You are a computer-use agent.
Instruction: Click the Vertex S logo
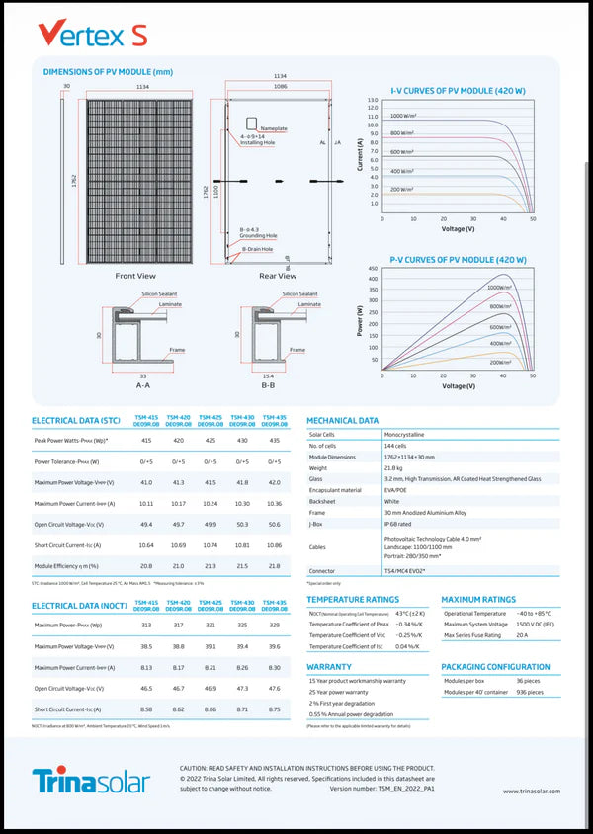click(x=93, y=35)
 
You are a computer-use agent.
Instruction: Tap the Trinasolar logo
click(x=91, y=782)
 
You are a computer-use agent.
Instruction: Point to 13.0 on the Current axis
click(x=373, y=101)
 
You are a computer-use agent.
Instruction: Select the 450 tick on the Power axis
click(x=373, y=269)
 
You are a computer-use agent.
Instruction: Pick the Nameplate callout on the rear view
click(x=274, y=128)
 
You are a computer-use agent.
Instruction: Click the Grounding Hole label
click(x=258, y=236)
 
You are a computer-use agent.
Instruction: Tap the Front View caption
click(x=135, y=276)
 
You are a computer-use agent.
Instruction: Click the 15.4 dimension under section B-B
click(x=268, y=375)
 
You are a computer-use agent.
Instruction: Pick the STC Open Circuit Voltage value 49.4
click(x=146, y=525)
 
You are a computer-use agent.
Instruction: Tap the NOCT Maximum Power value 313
click(x=146, y=625)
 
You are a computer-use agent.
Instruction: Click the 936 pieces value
click(x=530, y=693)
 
